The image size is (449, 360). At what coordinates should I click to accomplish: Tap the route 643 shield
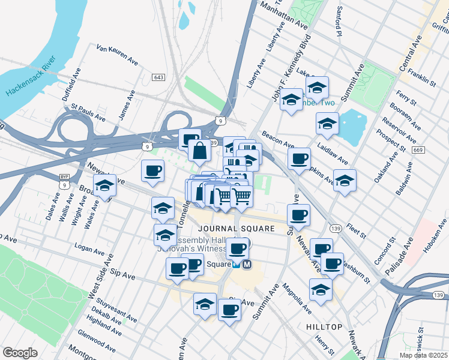coord(158,77)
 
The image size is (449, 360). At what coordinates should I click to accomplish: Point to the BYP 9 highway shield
coord(64,181)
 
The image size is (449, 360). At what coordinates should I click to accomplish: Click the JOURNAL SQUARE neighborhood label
coord(237,229)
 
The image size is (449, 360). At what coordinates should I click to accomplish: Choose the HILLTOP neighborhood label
coord(324,327)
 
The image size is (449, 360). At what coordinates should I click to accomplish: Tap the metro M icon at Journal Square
coord(247,264)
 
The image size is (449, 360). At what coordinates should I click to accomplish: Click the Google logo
coord(20,353)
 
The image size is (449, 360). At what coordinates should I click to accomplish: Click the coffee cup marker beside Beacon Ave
coord(299,160)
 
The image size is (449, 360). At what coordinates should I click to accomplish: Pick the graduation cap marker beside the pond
coord(328,124)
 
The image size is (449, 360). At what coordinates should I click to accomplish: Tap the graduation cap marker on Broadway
coord(104,186)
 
